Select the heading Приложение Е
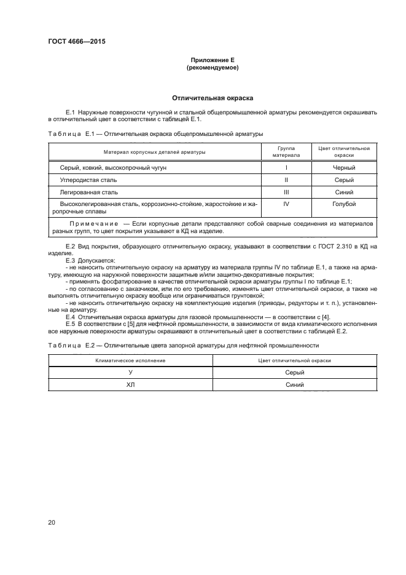tap(212, 60)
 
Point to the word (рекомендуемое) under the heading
tap(212, 68)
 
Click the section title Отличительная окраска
tap(212, 98)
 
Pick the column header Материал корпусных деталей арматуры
tap(154, 151)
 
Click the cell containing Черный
tap(344, 167)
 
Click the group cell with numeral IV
tap(286, 204)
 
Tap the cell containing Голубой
tap(344, 204)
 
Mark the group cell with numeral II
tap(286, 180)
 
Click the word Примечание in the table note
tap(95, 224)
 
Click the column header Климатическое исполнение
tap(130, 360)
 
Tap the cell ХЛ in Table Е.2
tap(130, 386)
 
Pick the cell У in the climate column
tap(130, 373)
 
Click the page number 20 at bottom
tap(52, 523)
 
